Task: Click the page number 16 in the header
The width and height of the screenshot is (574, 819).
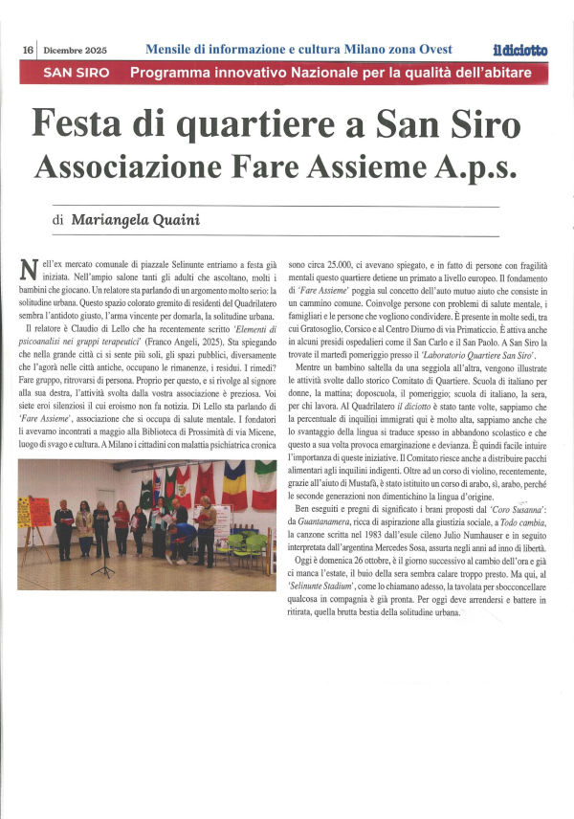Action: [x=28, y=49]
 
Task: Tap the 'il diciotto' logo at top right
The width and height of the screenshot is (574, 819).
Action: [x=520, y=49]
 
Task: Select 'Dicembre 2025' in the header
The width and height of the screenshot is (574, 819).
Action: [x=75, y=49]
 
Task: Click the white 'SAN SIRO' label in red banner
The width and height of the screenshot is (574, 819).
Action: [x=76, y=73]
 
